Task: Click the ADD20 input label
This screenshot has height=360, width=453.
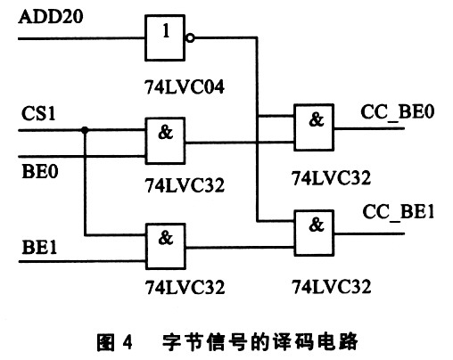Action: (51, 16)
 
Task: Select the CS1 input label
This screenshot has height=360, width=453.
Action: (38, 113)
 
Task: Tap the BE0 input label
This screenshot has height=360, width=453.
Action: (40, 171)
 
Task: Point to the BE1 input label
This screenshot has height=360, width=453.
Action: (39, 247)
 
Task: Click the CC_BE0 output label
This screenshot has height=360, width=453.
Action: (398, 112)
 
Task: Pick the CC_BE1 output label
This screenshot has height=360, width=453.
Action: (399, 212)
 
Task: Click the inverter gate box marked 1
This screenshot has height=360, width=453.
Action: (165, 38)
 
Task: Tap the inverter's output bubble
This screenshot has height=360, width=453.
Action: (190, 38)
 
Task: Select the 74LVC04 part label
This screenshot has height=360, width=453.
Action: (185, 87)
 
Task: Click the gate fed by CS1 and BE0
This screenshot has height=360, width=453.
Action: (165, 141)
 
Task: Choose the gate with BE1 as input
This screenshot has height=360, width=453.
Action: (166, 247)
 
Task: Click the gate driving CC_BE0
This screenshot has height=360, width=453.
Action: (314, 127)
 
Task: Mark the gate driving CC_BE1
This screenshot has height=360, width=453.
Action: (314, 233)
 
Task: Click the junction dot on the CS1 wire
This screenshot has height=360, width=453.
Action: (85, 130)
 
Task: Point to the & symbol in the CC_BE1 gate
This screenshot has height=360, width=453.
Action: (317, 225)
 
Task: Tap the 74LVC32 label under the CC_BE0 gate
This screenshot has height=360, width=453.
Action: (331, 178)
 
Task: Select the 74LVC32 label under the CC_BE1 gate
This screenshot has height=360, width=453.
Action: (332, 287)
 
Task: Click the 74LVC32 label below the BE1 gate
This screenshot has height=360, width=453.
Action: (185, 288)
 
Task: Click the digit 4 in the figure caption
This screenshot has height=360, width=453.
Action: (128, 342)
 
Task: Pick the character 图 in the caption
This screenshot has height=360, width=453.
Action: (105, 342)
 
